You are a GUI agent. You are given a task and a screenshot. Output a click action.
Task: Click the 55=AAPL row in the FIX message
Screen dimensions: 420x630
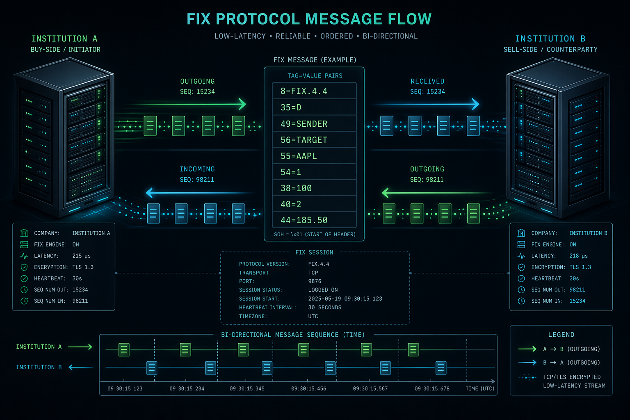314,156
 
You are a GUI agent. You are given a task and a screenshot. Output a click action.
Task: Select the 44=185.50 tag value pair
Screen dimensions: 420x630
314,220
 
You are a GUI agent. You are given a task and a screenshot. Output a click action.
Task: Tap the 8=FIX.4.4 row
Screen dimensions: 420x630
314,91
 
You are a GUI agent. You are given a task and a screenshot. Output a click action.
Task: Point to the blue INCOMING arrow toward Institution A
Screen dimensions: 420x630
201,192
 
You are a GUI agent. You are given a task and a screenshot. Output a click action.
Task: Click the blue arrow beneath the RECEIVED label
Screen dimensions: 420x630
427,104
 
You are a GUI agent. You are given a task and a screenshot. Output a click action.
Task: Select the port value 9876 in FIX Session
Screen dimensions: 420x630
315,281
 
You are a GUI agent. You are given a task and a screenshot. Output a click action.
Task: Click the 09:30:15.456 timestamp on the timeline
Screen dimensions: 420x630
308,388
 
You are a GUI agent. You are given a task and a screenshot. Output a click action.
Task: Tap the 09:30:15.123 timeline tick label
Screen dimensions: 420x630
125,388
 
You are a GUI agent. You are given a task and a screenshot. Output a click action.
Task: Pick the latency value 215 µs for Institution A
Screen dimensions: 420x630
81,256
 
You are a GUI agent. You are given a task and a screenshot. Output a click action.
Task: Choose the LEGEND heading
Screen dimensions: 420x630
561,335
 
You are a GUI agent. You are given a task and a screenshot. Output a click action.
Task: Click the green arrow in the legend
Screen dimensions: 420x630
527,349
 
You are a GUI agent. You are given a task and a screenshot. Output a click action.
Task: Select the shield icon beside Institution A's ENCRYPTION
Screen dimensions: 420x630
24,267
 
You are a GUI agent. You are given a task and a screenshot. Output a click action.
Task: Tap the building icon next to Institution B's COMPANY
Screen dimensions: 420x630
521,233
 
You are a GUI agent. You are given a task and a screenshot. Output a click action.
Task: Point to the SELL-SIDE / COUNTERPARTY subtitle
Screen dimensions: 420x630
550,50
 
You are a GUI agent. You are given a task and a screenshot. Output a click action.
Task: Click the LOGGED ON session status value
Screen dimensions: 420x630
323,290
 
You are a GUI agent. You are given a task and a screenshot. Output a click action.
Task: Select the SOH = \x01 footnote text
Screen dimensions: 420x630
315,235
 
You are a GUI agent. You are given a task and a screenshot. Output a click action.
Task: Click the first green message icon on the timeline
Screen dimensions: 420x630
124,349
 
